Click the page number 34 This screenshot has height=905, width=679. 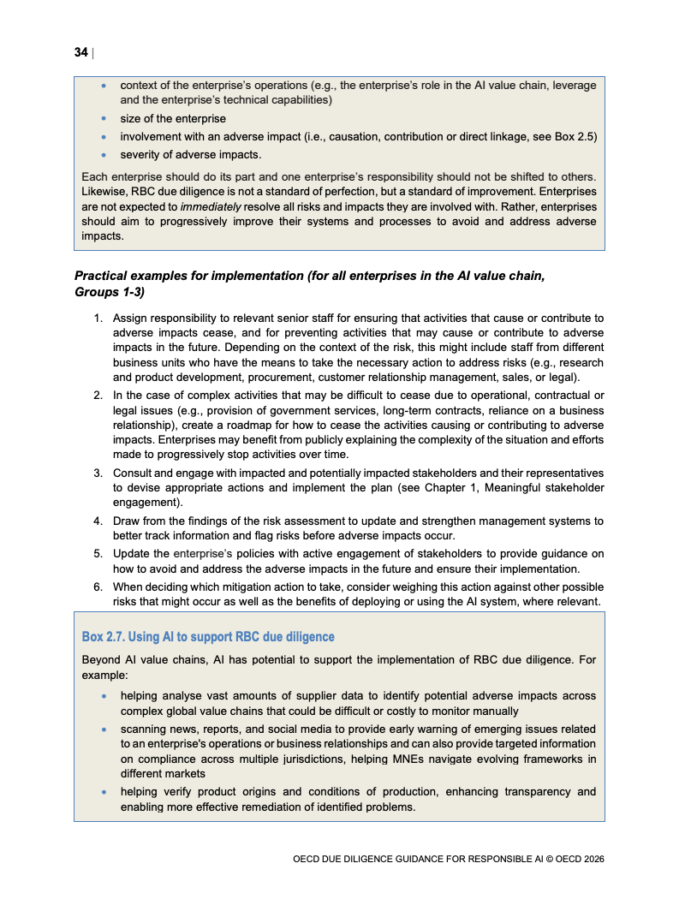(80, 53)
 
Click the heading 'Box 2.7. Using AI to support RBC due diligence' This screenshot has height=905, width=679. (208, 637)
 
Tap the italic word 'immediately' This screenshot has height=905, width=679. (211, 206)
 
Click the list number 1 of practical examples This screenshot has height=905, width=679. (98, 318)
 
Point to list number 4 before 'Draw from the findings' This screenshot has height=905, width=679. (98, 521)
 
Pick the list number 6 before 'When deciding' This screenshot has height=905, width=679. (98, 586)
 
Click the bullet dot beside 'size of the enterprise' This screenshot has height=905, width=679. (104, 119)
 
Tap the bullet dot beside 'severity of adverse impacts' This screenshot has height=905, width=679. (104, 155)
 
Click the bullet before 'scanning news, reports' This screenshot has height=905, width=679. (104, 729)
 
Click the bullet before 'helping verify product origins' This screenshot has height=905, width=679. (104, 792)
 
